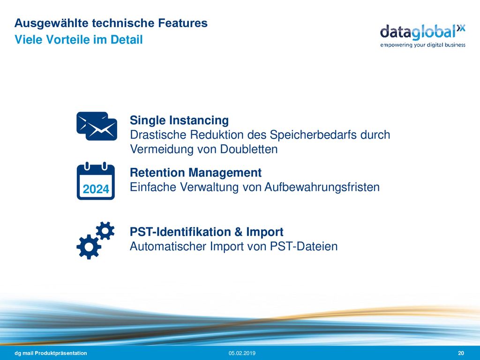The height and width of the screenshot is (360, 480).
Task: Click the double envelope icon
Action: [x=97, y=126]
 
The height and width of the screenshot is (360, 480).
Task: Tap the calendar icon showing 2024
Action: [x=96, y=181]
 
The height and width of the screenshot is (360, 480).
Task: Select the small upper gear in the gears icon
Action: [x=105, y=231]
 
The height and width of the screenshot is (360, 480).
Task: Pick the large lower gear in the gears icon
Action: [x=89, y=247]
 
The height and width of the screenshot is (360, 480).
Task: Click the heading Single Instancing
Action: [x=179, y=120]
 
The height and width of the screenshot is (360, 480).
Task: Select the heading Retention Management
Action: [x=195, y=172]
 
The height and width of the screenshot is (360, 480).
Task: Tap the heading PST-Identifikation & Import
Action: [x=207, y=232]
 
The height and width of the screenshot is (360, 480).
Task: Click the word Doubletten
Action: [x=249, y=149]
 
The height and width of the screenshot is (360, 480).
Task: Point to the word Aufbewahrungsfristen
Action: [x=322, y=187]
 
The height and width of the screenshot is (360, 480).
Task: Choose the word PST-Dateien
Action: [x=304, y=246]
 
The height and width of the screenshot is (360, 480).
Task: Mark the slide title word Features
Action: [x=183, y=23]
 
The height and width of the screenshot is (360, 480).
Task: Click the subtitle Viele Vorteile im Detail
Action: [x=79, y=39]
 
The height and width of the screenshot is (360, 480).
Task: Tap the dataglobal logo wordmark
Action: [x=422, y=32]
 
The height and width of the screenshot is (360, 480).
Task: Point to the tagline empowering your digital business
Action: [x=423, y=45]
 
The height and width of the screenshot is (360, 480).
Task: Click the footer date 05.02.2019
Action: [x=242, y=353]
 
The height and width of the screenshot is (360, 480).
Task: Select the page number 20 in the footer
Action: [x=461, y=353]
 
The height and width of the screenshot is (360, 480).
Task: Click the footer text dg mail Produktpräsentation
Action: [x=51, y=353]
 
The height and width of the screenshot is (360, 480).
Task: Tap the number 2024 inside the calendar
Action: [x=96, y=189]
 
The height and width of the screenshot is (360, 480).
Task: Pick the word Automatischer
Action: [x=168, y=246]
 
